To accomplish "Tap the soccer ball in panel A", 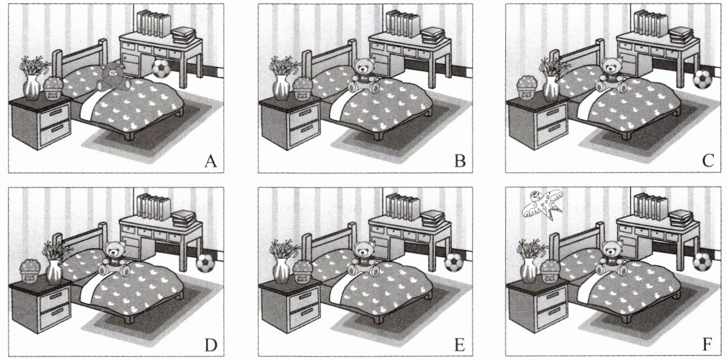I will click(x=161, y=68).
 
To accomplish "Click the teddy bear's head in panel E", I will click(x=362, y=251).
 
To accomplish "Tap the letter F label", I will click(x=708, y=345).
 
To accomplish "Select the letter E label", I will click(x=458, y=345).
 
